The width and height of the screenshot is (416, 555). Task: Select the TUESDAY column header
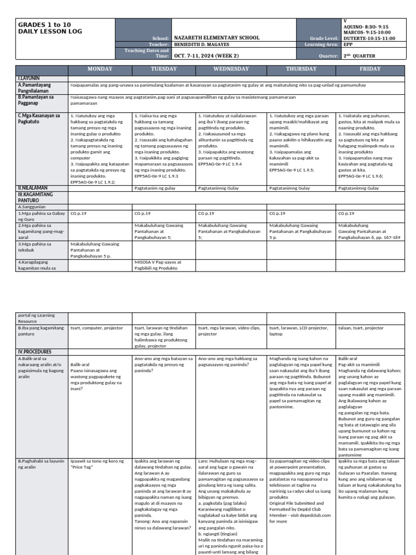point(164,69)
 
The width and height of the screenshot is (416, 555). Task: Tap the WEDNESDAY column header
point(231,69)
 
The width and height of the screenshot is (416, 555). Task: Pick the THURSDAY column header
point(301,69)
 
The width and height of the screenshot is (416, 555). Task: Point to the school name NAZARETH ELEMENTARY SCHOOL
point(216,38)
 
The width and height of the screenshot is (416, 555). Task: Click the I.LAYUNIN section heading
point(30,79)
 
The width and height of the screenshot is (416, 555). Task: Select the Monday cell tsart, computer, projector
point(97,328)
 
